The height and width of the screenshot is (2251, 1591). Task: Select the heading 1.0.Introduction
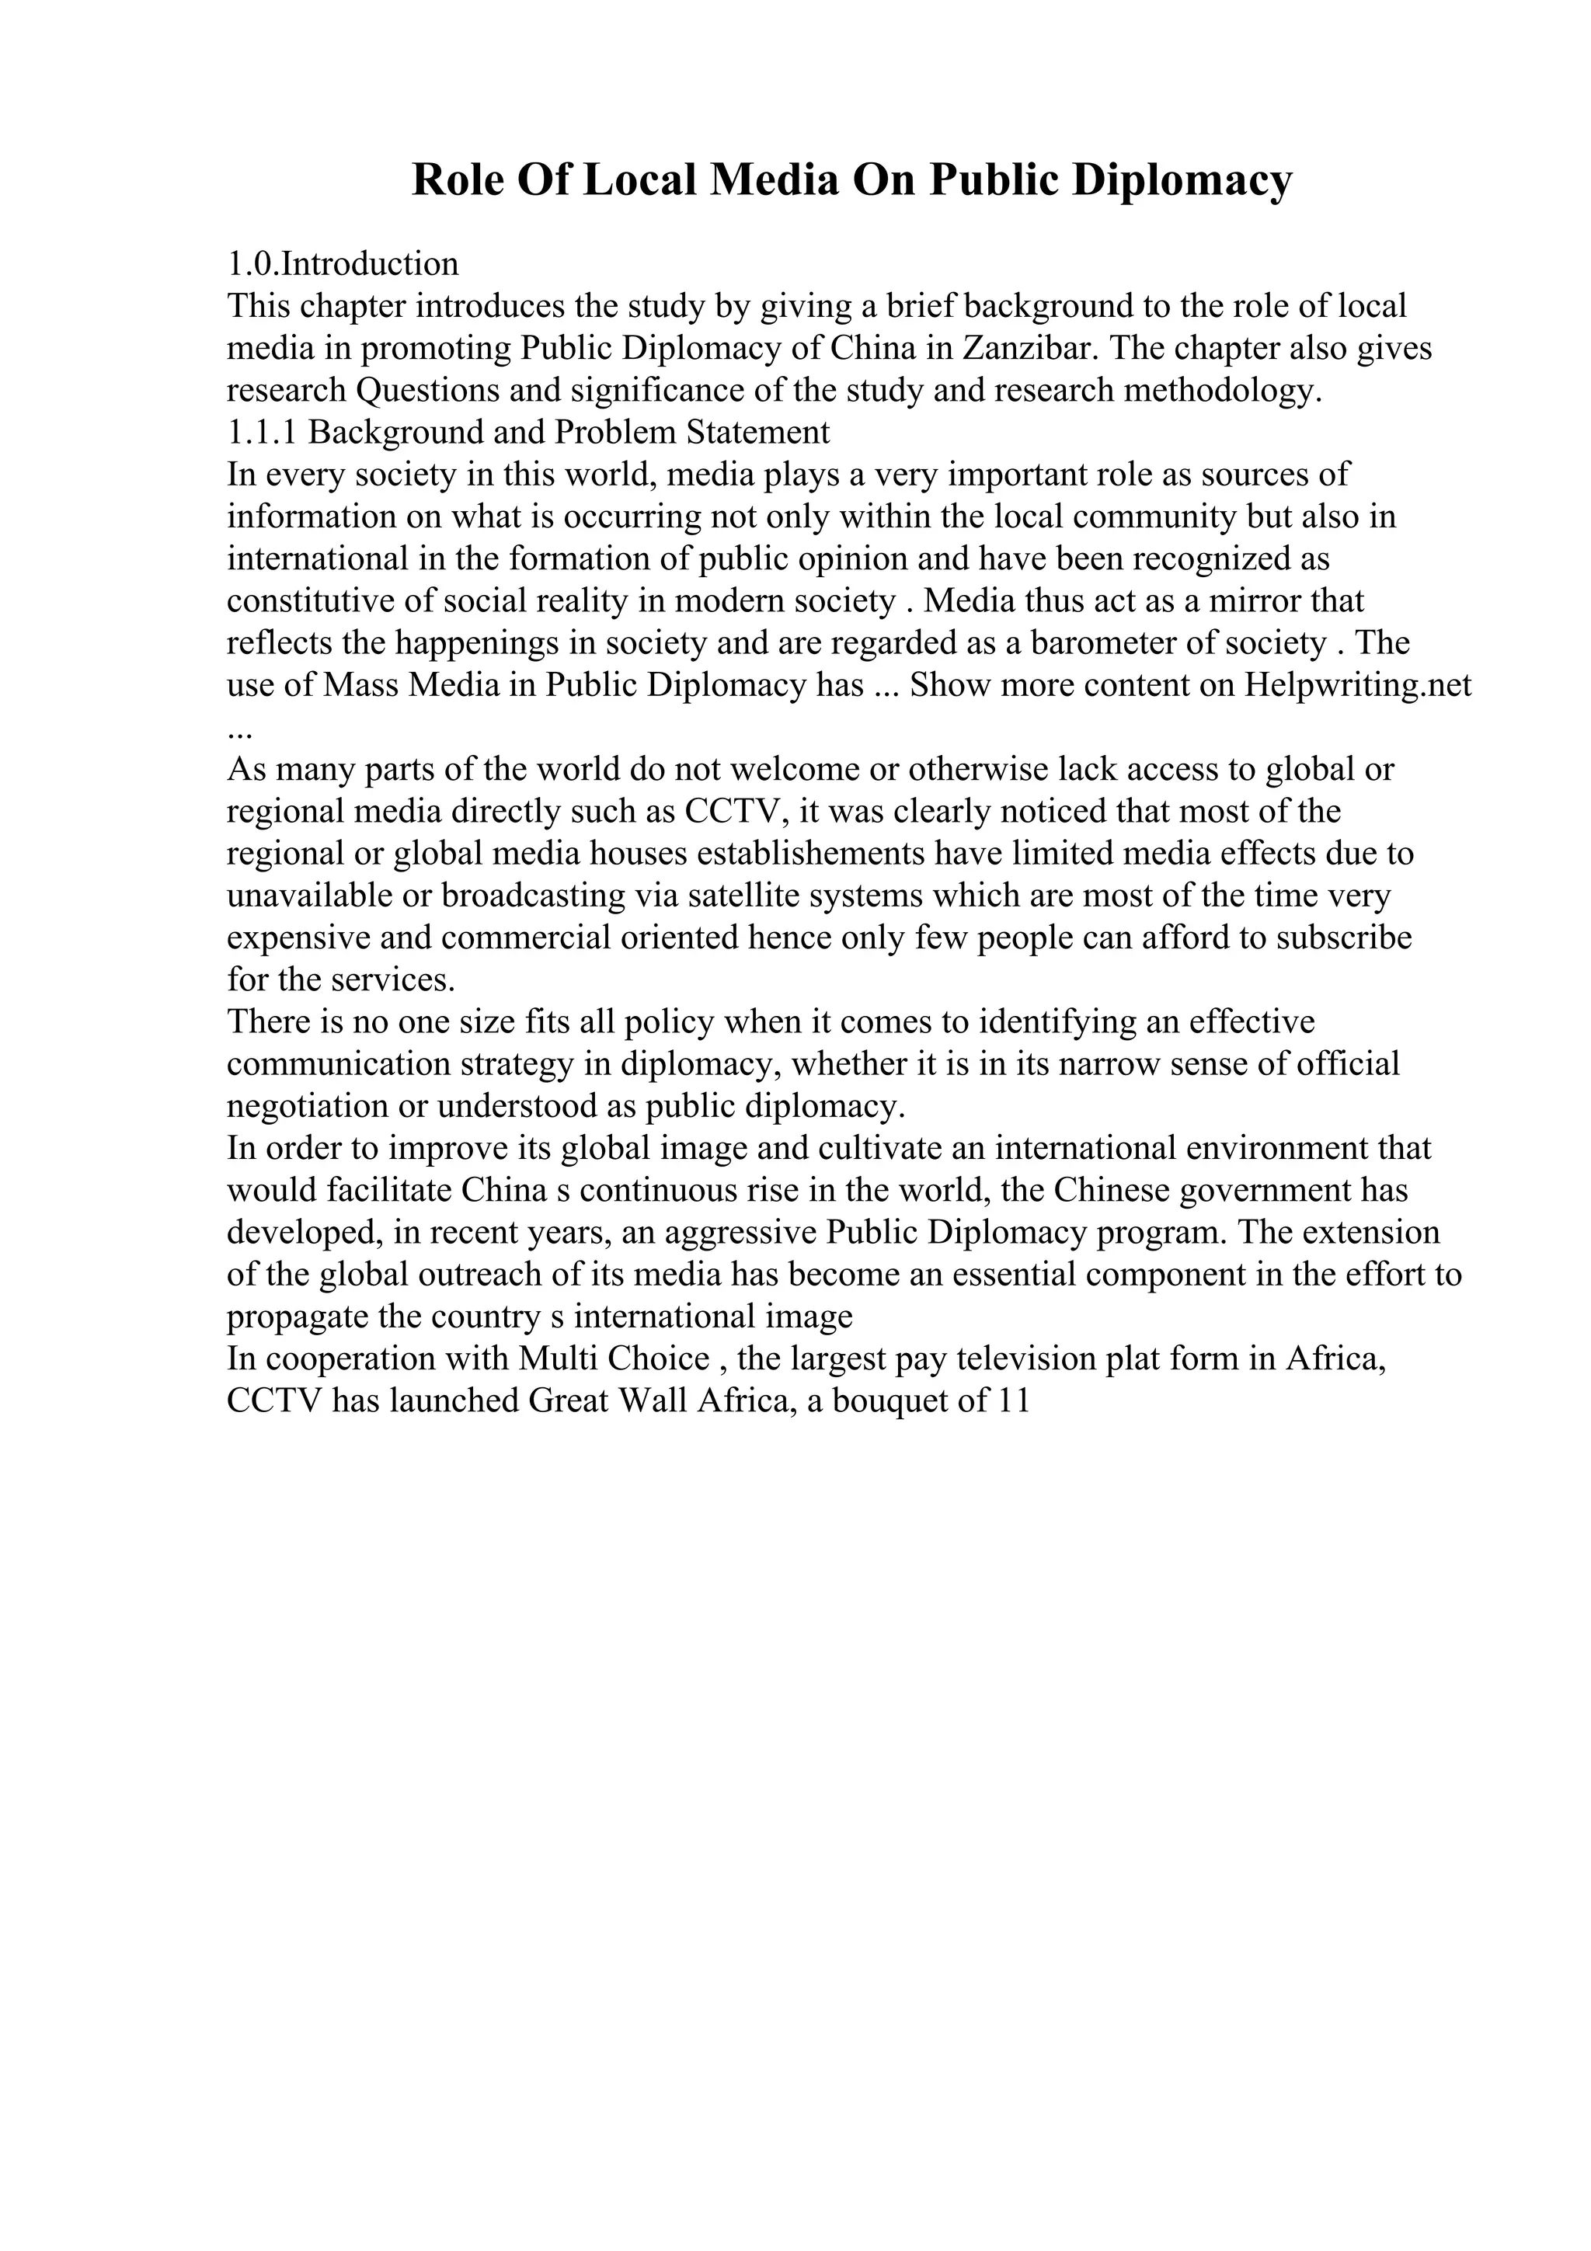point(343,264)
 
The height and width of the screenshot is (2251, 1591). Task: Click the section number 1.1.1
point(263,433)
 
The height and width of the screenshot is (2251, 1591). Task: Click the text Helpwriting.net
point(1358,684)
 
